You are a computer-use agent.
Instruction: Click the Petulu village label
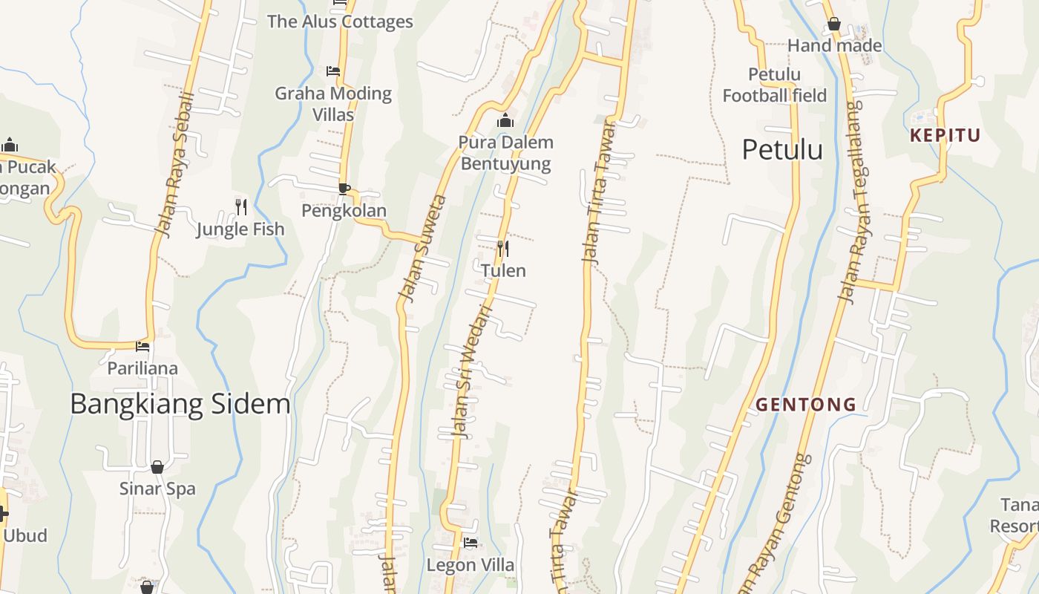pos(782,150)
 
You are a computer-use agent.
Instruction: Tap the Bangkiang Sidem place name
pos(180,404)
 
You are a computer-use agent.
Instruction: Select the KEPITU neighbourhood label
pos(945,135)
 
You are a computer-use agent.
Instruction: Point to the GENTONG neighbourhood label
pos(806,405)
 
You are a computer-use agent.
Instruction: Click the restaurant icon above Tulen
pos(502,247)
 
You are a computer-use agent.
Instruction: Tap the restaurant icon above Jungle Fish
pos(240,206)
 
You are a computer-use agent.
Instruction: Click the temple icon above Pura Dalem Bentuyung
pos(505,120)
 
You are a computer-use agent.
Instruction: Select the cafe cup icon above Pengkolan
pos(344,189)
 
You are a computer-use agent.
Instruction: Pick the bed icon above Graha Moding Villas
pos(333,71)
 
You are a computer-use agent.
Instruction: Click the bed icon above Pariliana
pos(142,346)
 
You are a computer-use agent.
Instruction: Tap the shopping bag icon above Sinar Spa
pos(157,467)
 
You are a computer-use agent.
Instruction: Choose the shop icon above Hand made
pos(834,25)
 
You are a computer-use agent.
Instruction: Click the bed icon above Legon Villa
pos(470,543)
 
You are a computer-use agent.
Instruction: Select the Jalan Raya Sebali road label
pos(175,165)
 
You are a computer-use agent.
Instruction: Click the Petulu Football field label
pos(774,85)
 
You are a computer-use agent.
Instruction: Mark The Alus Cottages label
pos(340,22)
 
